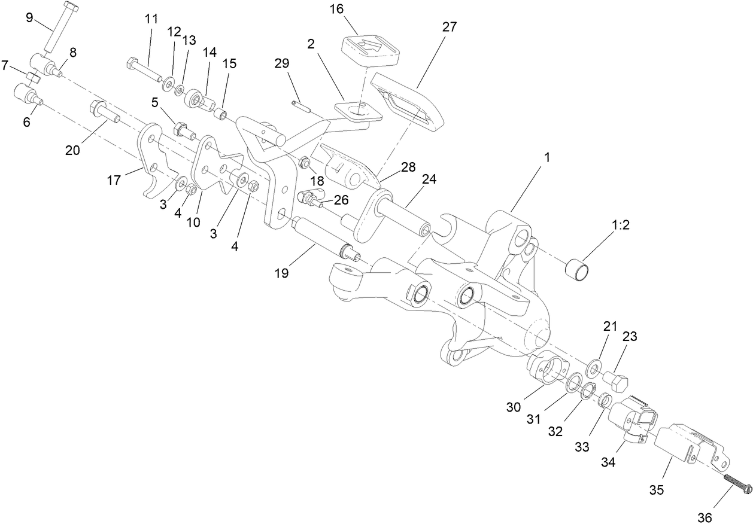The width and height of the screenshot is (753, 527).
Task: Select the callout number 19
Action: click(282, 273)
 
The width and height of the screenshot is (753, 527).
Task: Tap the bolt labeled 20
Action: click(104, 112)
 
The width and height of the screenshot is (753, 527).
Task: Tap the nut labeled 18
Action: click(304, 162)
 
